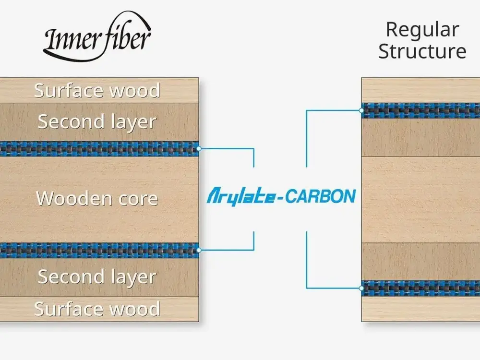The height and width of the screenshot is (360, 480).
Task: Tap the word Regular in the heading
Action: click(422, 30)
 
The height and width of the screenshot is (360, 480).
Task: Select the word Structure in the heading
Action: click(422, 51)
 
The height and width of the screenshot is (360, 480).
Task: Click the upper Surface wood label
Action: click(97, 91)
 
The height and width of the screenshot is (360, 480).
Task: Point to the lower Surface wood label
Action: click(97, 309)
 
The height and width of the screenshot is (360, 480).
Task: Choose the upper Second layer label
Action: click(97, 122)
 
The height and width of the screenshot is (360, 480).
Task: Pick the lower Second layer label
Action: click(97, 277)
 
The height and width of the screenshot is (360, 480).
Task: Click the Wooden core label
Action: click(97, 198)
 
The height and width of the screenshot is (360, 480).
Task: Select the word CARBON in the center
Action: click(319, 196)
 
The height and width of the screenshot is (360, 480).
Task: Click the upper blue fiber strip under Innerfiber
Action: click(98, 149)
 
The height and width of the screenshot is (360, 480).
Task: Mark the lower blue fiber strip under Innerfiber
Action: click(98, 250)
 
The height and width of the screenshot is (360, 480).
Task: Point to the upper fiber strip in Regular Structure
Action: click(420, 110)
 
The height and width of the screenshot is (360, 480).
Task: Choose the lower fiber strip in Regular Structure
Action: click(420, 288)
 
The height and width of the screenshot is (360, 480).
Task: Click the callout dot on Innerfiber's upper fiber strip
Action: click(199, 149)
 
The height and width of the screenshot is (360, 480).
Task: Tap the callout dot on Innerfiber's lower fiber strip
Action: click(199, 250)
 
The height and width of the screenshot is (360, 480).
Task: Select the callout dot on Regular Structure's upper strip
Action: click(361, 110)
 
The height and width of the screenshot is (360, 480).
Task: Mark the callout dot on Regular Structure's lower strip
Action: click(361, 288)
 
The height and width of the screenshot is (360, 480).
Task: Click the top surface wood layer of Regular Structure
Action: click(420, 90)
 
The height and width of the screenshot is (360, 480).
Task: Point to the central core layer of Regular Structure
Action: click(420, 199)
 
